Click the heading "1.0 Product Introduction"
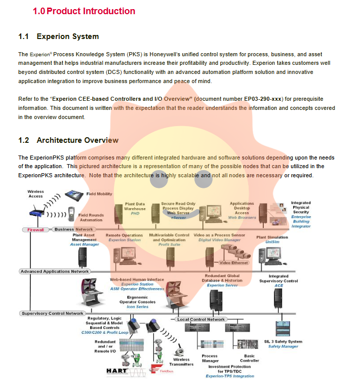pyautogui.click(x=84, y=11)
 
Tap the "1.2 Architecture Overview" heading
pyautogui.click(x=68, y=140)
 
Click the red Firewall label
pyautogui.click(x=35, y=229)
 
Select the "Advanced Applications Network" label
pyautogui.click(x=55, y=271)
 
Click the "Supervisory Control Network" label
pyautogui.click(x=53, y=313)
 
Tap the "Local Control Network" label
pyautogui.click(x=201, y=320)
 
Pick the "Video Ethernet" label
pyautogui.click(x=233, y=263)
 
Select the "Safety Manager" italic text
pyautogui.click(x=283, y=346)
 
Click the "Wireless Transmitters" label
pyautogui.click(x=181, y=362)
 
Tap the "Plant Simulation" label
pyautogui.click(x=272, y=237)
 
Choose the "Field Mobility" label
pyautogui.click(x=99, y=194)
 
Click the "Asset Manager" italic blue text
pyautogui.click(x=85, y=245)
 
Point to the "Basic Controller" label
pyautogui.click(x=250, y=359)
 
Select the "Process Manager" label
pyautogui.click(x=210, y=359)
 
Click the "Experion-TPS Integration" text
pyautogui.click(x=230, y=376)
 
